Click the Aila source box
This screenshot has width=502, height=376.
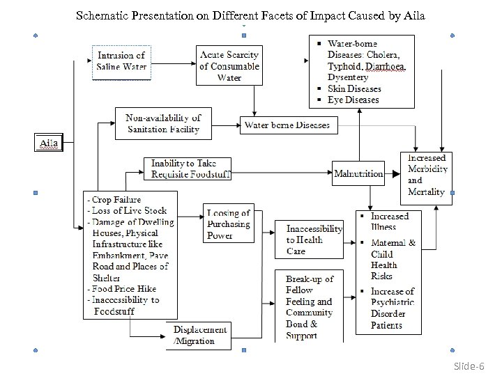[48, 143]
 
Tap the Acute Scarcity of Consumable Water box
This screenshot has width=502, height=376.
[229, 66]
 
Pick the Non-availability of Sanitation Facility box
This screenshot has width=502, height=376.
[163, 123]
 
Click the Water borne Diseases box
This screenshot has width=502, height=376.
[289, 126]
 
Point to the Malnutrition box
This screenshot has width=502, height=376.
[358, 173]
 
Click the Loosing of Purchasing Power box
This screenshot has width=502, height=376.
[228, 224]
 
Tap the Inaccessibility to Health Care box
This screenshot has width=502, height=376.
[314, 240]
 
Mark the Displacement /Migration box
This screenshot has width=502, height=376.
[199, 335]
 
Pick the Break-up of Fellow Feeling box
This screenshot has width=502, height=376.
[310, 306]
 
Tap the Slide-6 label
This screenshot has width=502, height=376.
[468, 366]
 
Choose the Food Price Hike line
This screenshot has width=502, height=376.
[124, 288]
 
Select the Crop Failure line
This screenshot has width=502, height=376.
[116, 200]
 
